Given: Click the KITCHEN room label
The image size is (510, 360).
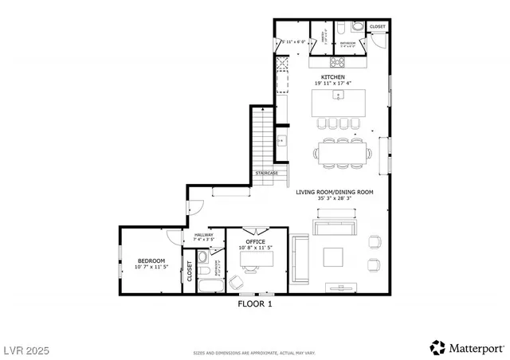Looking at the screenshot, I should pyautogui.click(x=334, y=76).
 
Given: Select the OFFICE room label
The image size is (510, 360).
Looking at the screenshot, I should pyautogui.click(x=255, y=241).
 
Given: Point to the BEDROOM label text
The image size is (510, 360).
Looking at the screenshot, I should pyautogui.click(x=151, y=261).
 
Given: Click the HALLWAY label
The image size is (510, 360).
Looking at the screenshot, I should pyautogui.click(x=203, y=235).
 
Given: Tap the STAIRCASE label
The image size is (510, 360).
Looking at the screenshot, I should pyautogui.click(x=266, y=173).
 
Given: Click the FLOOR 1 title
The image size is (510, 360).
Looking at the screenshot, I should pyautogui.click(x=255, y=303).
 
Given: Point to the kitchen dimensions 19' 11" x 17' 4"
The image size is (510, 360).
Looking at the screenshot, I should pyautogui.click(x=334, y=83).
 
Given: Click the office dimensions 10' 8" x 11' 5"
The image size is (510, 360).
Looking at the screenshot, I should pyautogui.click(x=255, y=248).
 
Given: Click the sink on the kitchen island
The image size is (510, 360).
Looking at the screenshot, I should pyautogui.click(x=339, y=96).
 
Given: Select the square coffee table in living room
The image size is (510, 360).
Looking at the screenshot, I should pyautogui.click(x=333, y=256).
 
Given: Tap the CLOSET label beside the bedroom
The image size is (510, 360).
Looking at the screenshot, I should pyautogui.click(x=190, y=272).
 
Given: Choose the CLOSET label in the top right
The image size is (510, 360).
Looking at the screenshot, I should pyautogui.click(x=377, y=27).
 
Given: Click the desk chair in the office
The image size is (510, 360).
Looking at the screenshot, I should pyautogui.click(x=237, y=281).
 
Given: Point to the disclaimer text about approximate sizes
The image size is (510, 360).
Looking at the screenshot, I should pyautogui.click(x=255, y=352).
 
